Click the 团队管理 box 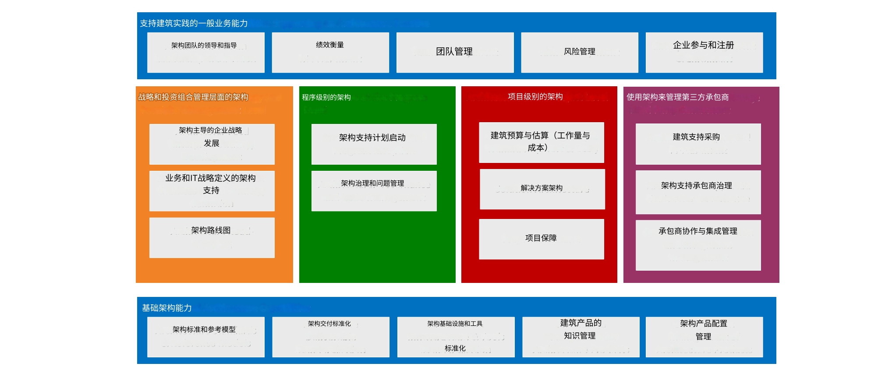point(455,52)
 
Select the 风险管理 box point(579,52)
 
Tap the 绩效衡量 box point(330,52)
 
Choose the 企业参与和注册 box point(704,52)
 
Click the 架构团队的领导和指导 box point(205,52)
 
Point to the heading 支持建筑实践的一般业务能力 point(194,23)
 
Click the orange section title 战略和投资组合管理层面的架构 point(193,97)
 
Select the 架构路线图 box point(212,237)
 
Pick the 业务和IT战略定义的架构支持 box point(212,191)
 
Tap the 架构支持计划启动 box point(374,144)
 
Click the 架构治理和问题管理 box point(374,191)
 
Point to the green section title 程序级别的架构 point(326,97)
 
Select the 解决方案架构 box point(542,189)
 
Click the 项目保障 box point(541,239)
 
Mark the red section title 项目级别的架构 point(535,97)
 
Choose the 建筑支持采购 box point(698,144)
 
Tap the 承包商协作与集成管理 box point(698,245)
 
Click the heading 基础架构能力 point(167,308)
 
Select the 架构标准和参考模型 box point(205,336)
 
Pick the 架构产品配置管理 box point(704,336)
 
